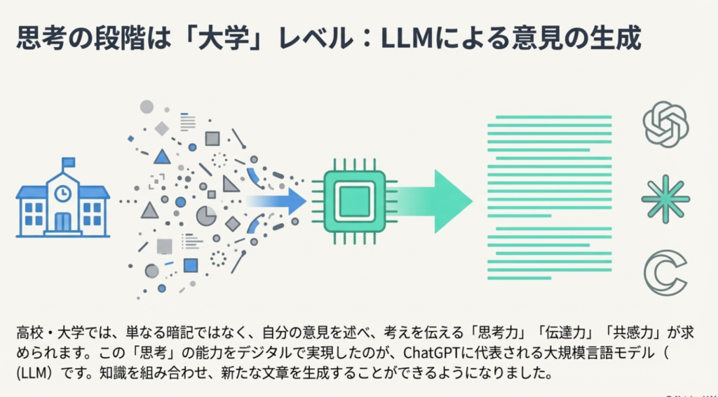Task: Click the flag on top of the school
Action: (69, 163)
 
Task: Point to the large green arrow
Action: (435, 201)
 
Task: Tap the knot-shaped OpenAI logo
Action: (665, 125)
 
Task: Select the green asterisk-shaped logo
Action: (665, 199)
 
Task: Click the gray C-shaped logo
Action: (665, 274)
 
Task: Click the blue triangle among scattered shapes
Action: (162, 156)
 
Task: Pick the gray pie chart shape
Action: (206, 215)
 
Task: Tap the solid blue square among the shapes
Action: (190, 265)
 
